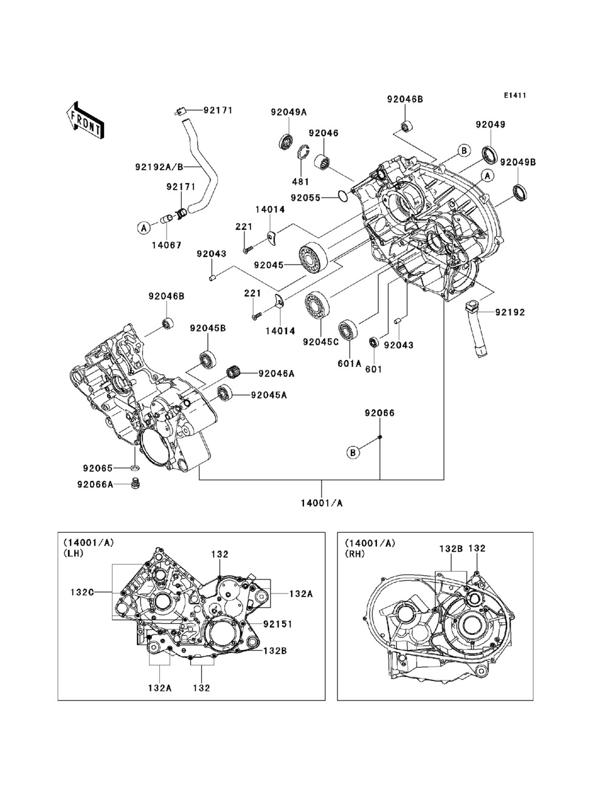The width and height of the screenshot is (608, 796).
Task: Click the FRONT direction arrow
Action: (85, 119)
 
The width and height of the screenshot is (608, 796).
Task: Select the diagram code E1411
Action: (514, 95)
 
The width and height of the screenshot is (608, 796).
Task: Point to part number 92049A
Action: (288, 111)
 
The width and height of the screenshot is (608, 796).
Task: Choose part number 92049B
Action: (518, 162)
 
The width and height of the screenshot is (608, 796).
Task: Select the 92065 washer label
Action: (98, 468)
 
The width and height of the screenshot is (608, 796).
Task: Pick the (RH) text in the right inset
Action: (356, 553)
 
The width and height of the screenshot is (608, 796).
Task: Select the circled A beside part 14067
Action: (144, 228)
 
